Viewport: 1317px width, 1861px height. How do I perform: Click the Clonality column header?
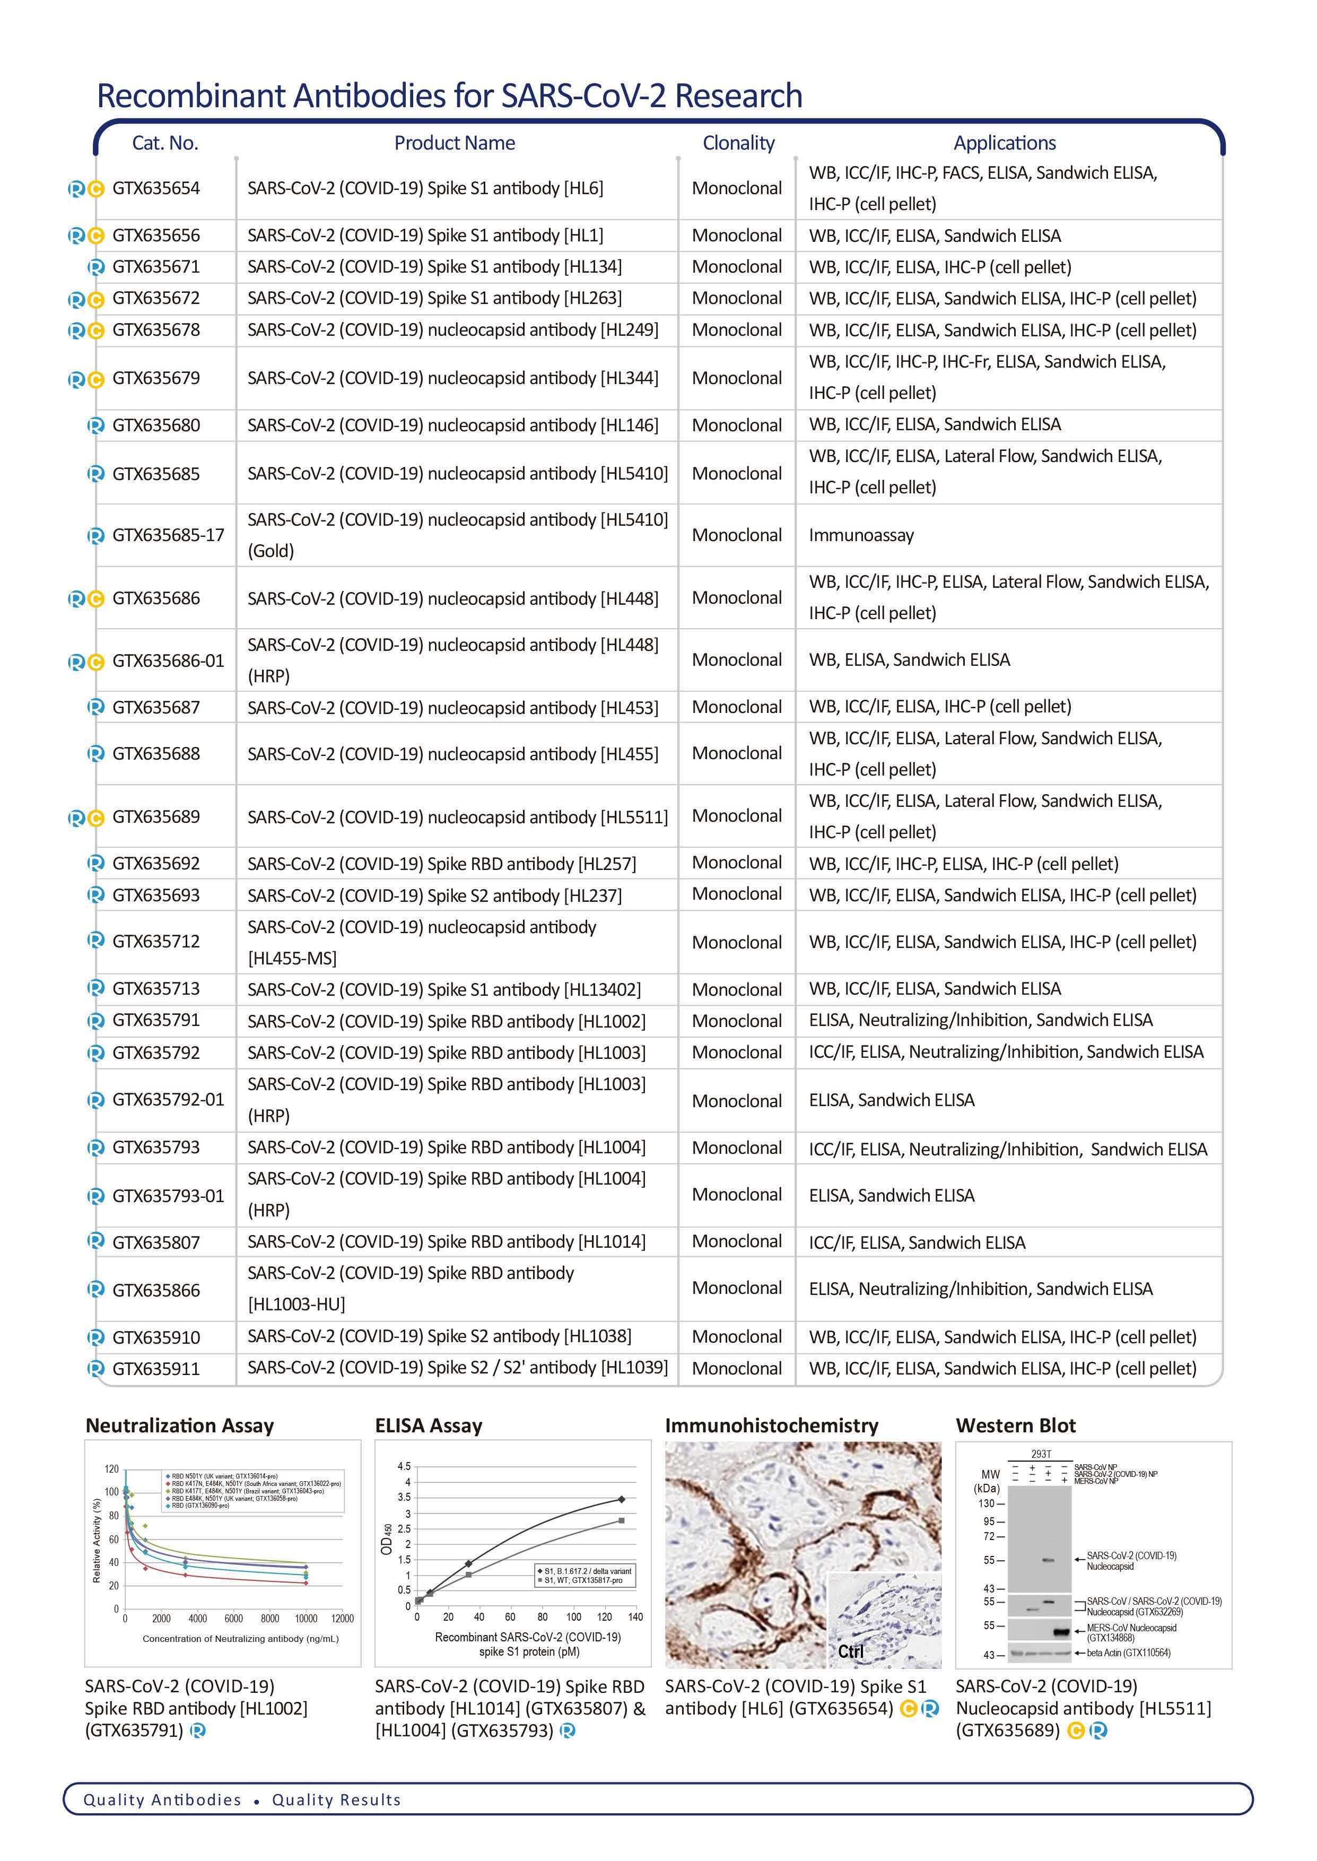pos(738,144)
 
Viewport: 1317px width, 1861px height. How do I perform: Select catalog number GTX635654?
pos(156,188)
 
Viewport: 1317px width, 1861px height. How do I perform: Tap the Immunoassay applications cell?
pos(860,535)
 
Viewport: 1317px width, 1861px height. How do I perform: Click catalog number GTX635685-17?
pos(168,535)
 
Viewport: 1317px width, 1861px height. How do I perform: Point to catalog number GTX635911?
pos(156,1369)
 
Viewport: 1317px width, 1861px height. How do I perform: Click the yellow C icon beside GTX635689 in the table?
pos(95,818)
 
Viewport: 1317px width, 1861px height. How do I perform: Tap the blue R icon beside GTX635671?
pos(95,267)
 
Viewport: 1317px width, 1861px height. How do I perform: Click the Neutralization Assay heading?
pos(179,1425)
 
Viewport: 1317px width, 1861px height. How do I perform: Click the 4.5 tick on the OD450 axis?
pos(404,1466)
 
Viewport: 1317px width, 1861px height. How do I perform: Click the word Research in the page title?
pos(738,95)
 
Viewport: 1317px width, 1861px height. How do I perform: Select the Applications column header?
pos(1004,144)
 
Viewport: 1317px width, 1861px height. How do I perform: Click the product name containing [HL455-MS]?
pos(422,942)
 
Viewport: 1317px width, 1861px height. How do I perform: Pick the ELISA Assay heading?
pos(428,1425)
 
